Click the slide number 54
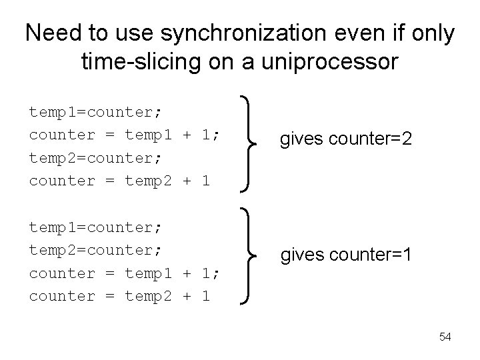(445, 337)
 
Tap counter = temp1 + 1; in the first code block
(125, 135)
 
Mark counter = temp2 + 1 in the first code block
(120, 181)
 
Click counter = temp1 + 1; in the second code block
(125, 273)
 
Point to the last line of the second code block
(120, 296)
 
